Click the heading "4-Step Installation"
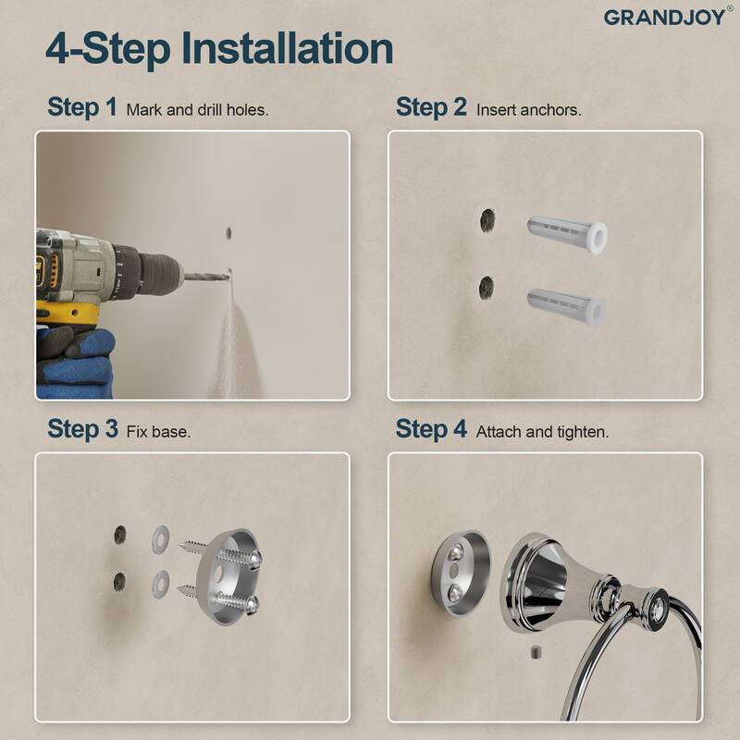[219, 47]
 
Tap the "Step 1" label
[81, 107]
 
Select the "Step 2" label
[431, 107]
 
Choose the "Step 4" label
[431, 429]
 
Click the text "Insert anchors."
[528, 109]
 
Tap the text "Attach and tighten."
[542, 432]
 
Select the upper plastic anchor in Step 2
[565, 234]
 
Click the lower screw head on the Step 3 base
[253, 604]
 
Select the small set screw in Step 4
[534, 654]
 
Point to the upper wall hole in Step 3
[119, 535]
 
